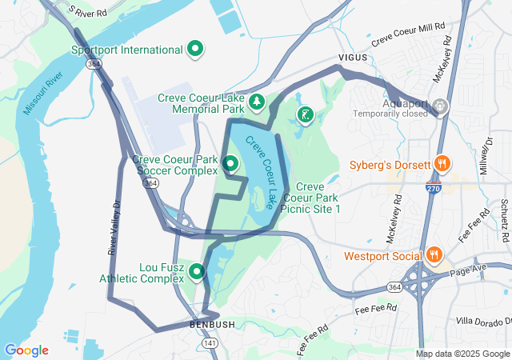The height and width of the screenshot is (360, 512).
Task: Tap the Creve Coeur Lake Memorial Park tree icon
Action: click(x=257, y=102)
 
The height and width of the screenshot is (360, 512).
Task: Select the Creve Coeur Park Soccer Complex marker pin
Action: click(x=231, y=164)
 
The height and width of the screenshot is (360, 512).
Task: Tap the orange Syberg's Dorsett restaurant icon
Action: click(x=442, y=164)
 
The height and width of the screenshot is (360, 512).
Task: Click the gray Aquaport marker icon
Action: click(x=438, y=106)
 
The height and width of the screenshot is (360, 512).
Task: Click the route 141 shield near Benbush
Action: click(x=210, y=342)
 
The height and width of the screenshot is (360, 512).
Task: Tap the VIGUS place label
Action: click(x=352, y=58)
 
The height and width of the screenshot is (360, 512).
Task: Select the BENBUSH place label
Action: click(x=212, y=325)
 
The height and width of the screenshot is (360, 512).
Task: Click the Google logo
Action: click(x=26, y=350)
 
